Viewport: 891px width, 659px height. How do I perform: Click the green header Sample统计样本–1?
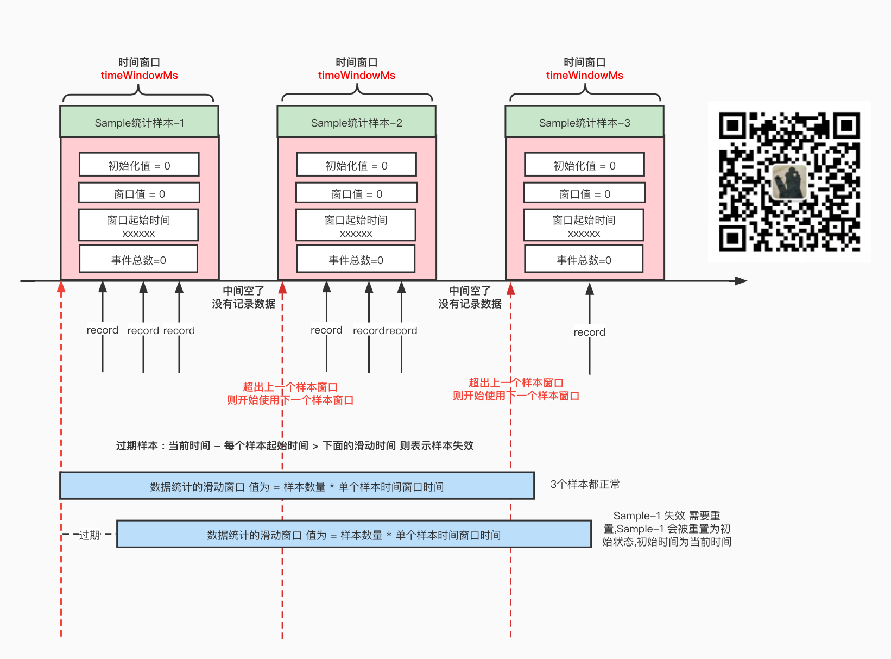(x=139, y=122)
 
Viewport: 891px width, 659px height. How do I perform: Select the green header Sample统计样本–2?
(x=356, y=122)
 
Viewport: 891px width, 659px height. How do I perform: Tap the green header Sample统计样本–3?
(x=584, y=122)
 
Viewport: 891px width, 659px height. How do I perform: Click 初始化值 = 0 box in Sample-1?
(x=139, y=165)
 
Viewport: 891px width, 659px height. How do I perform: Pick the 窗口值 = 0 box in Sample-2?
(x=356, y=193)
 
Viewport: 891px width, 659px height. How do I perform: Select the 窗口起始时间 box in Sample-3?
(x=584, y=225)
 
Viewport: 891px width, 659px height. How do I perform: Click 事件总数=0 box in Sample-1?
(x=138, y=260)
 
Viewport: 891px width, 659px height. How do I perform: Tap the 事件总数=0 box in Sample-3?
(x=584, y=260)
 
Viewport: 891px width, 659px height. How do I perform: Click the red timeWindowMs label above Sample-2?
(x=356, y=75)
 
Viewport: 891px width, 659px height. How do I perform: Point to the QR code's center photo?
(x=789, y=181)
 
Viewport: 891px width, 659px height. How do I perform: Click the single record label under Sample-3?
(x=589, y=332)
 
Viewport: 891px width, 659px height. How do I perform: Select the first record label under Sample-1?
(x=102, y=330)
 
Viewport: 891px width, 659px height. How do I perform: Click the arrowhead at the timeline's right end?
(x=741, y=281)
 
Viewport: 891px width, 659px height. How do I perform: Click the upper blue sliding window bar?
(x=296, y=486)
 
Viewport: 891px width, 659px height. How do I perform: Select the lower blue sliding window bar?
(x=353, y=535)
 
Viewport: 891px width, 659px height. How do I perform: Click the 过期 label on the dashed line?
(x=90, y=535)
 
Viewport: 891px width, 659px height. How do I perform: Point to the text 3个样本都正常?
(x=584, y=484)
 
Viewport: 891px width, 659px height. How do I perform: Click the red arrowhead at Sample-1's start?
(x=61, y=287)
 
